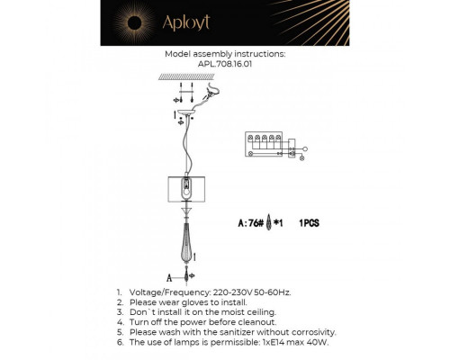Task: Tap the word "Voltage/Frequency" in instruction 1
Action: [x=168, y=293]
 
